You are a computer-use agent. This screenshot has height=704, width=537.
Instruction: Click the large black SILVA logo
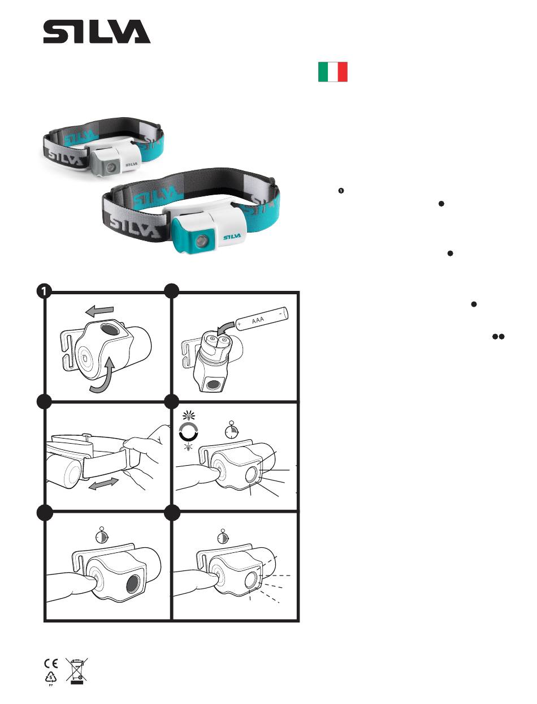(x=97, y=32)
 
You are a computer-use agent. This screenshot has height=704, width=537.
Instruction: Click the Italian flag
(x=333, y=72)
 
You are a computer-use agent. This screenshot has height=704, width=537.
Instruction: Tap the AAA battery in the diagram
(x=262, y=319)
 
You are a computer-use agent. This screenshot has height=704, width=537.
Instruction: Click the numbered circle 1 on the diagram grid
(x=44, y=291)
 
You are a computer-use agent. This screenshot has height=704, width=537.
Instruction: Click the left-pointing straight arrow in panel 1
(x=99, y=311)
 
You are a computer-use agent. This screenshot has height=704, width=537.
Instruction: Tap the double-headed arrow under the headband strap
(x=103, y=484)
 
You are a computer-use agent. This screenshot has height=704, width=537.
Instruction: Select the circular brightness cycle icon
(x=189, y=431)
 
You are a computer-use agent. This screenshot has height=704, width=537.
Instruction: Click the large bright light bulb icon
(x=189, y=415)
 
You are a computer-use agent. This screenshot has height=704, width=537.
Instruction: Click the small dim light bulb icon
(x=189, y=447)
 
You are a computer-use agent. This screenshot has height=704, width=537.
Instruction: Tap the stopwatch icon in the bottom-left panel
(x=102, y=535)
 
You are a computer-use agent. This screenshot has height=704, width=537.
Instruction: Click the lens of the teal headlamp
(x=201, y=240)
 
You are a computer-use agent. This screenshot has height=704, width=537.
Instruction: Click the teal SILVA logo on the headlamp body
(x=232, y=237)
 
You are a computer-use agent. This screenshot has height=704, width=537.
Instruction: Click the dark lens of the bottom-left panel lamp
(x=133, y=583)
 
